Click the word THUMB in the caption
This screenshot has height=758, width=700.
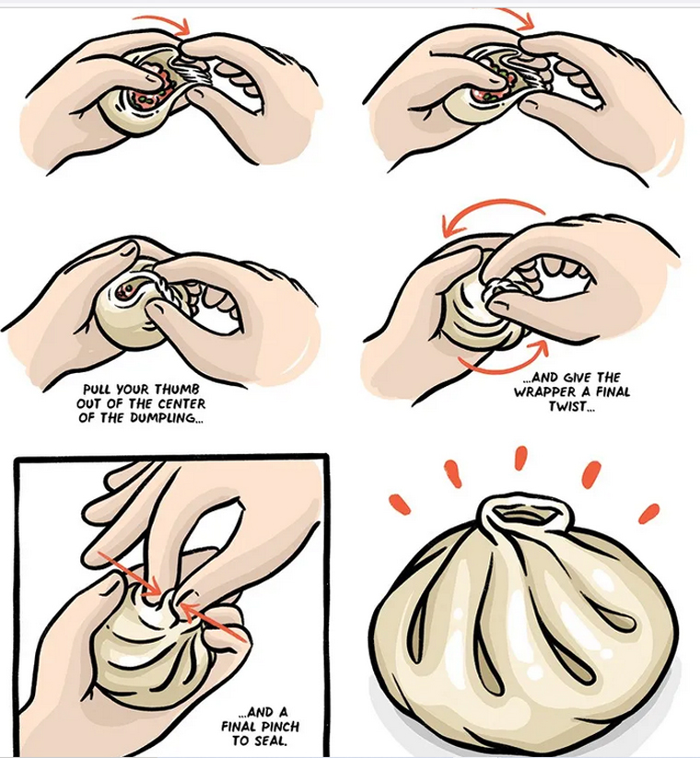(x=177, y=390)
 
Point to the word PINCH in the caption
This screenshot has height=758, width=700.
(x=280, y=726)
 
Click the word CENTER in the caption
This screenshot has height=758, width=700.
(x=181, y=403)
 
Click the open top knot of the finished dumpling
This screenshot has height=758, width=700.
(x=522, y=514)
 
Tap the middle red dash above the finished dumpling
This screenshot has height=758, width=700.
(x=520, y=458)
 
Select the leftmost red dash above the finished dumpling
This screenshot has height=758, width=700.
(x=400, y=504)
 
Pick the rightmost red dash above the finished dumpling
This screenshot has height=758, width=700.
(x=648, y=513)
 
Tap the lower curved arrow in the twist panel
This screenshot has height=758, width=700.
(x=503, y=367)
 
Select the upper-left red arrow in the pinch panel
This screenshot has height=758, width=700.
(x=130, y=574)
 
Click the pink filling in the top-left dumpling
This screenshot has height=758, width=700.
(x=154, y=92)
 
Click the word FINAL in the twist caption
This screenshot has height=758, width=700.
(x=614, y=392)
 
